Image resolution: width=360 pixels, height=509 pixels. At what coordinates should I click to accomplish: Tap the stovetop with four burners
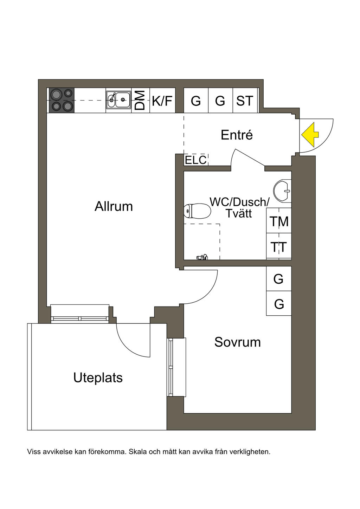pos(62,100)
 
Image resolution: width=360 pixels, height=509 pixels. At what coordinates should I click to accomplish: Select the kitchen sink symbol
pos(118,100)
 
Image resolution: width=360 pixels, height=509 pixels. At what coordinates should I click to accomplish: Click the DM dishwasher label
pos(140,100)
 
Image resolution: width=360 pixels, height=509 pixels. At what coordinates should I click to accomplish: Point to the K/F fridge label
pos(162,101)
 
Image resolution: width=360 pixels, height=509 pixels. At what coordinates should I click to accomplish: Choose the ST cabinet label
pos(245,101)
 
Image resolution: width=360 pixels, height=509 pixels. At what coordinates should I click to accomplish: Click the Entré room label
pos(237,135)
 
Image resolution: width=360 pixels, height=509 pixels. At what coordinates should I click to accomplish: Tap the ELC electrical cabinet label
pos(195,160)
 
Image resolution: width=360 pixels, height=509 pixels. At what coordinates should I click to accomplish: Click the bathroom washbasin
pos(283,191)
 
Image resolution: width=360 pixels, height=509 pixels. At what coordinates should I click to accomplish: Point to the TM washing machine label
pos(279,221)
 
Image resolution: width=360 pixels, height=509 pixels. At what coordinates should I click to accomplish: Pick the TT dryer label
pos(279,247)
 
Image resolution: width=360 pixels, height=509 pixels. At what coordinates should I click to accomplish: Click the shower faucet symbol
pos(202,257)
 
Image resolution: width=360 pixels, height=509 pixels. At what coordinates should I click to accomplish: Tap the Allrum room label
pos(114,206)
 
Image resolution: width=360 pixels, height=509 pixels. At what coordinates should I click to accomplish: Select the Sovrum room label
pos(237,342)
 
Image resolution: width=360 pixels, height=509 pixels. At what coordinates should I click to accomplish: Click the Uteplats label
pos(98,378)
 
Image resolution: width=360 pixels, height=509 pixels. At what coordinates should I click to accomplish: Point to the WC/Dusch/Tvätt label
pos(239,207)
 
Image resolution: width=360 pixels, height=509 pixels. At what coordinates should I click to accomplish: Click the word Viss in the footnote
pos(34,452)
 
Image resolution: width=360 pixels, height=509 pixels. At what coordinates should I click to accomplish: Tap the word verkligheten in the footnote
pos(250,452)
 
